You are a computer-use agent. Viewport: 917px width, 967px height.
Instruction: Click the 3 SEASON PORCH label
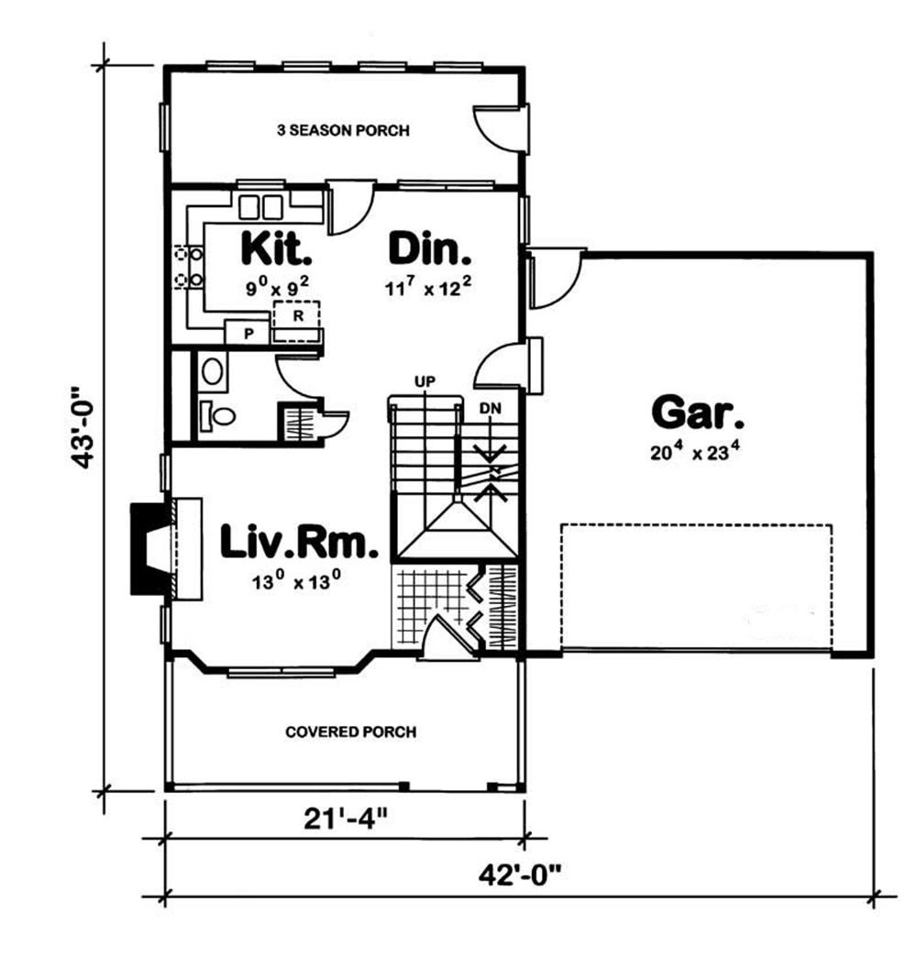click(x=343, y=131)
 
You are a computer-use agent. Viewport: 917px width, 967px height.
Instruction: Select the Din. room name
click(x=430, y=248)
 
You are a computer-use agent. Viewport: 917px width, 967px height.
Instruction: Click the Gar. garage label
click(x=698, y=412)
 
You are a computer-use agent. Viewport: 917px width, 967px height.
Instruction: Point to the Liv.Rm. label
click(x=300, y=542)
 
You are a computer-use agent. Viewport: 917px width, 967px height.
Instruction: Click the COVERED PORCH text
click(x=350, y=732)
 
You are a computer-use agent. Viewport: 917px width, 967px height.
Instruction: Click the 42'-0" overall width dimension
click(x=520, y=873)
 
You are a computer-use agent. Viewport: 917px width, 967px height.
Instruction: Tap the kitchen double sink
click(x=260, y=207)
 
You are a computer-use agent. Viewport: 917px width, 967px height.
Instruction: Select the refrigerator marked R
click(x=298, y=315)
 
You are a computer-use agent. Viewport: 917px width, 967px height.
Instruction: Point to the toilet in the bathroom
click(x=217, y=416)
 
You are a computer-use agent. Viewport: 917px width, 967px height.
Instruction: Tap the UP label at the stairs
click(x=424, y=379)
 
